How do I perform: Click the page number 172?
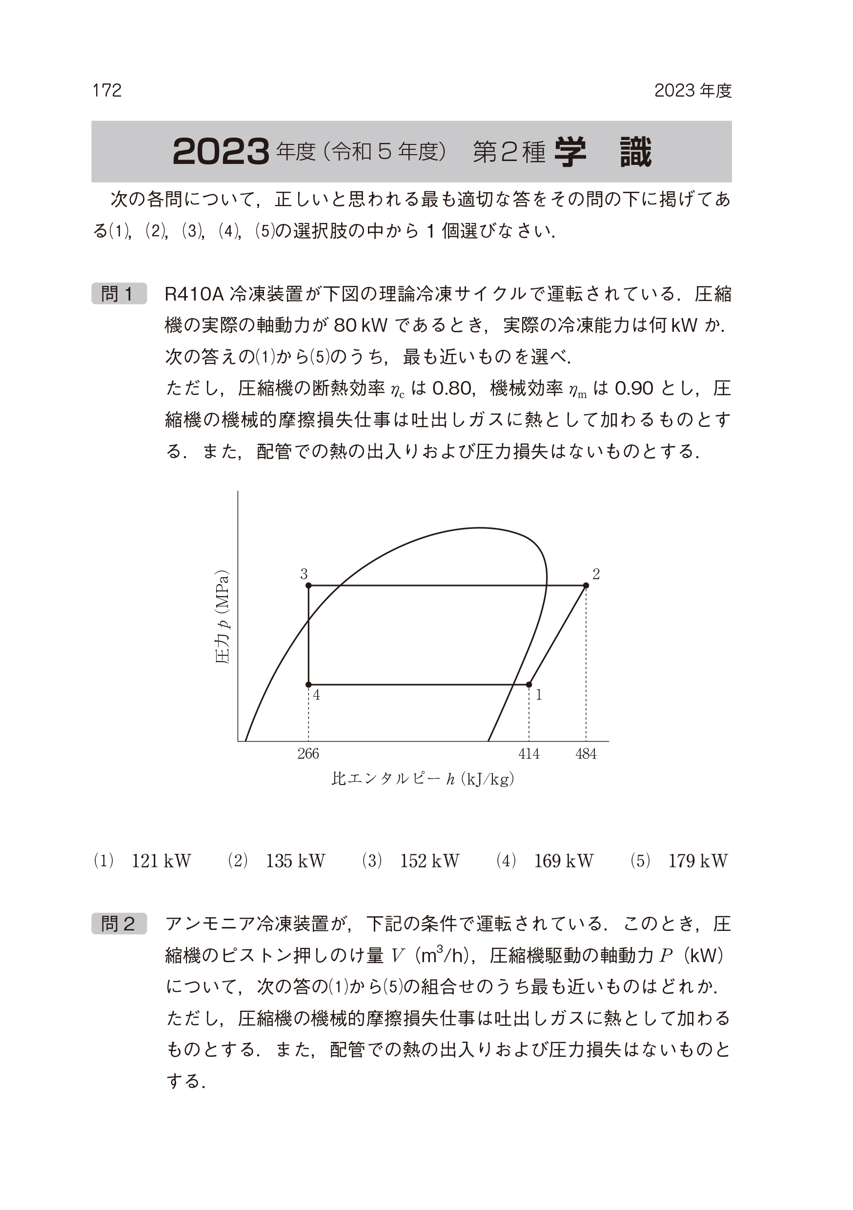[107, 91]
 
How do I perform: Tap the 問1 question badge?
[119, 294]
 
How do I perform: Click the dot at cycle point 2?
[586, 585]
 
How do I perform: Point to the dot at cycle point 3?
[308, 585]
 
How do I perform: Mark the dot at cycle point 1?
[529, 685]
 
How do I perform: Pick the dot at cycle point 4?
[308, 685]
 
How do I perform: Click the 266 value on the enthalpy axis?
[308, 754]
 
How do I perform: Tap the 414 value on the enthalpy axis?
[529, 754]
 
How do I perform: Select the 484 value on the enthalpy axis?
[586, 754]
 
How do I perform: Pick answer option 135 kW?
[295, 861]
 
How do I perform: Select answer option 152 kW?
[429, 861]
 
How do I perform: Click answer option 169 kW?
[564, 861]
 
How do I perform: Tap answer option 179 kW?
[697, 861]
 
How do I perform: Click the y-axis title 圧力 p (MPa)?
[223, 617]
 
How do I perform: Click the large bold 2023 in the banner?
[221, 152]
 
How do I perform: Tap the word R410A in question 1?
[195, 294]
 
